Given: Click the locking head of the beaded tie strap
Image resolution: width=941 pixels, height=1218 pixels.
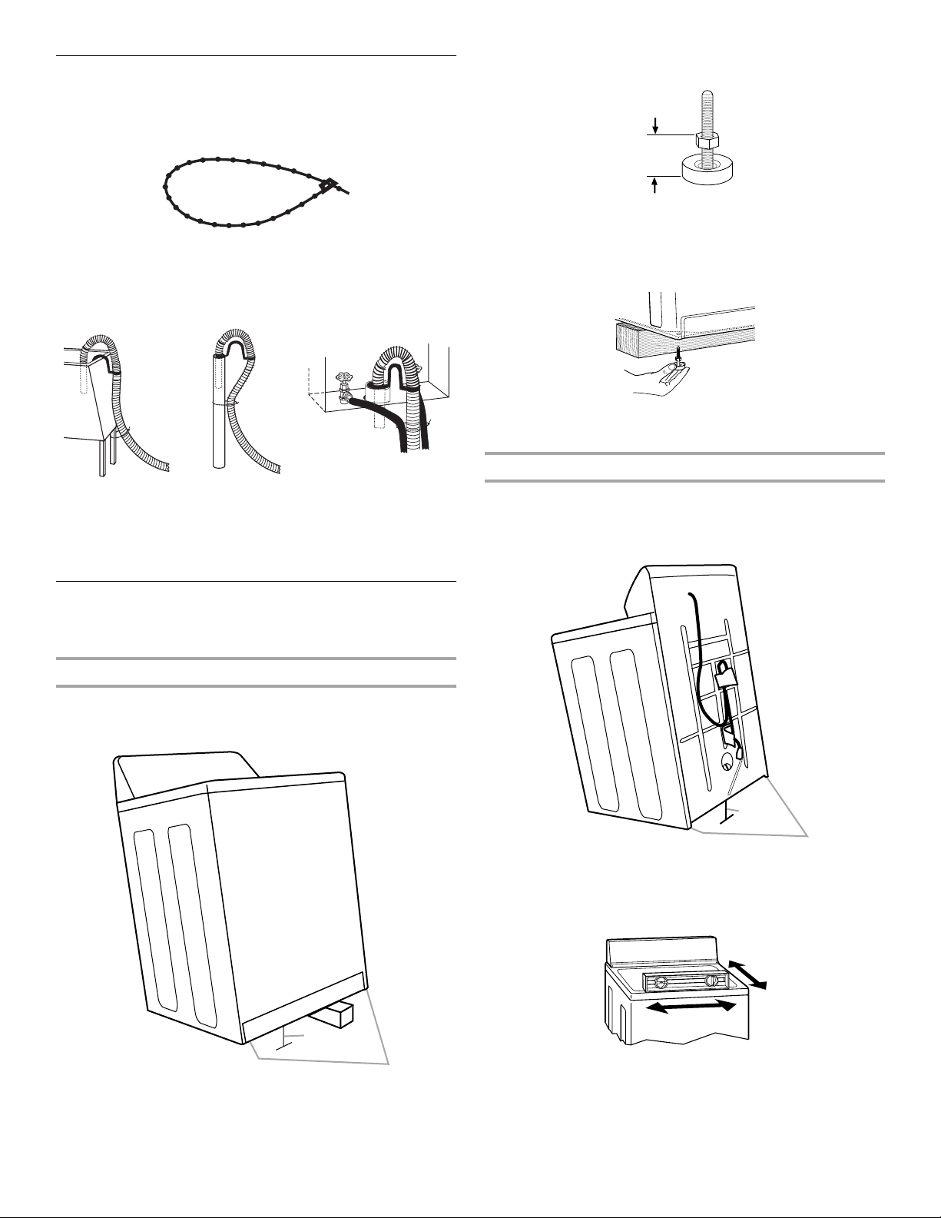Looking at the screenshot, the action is pos(329,184).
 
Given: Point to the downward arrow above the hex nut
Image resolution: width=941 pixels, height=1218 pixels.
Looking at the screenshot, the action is pos(654,123).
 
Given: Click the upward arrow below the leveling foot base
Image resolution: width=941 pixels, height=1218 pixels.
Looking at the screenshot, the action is pos(654,188).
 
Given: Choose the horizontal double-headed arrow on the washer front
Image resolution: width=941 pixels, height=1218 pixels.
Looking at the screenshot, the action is pos(686,1007).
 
